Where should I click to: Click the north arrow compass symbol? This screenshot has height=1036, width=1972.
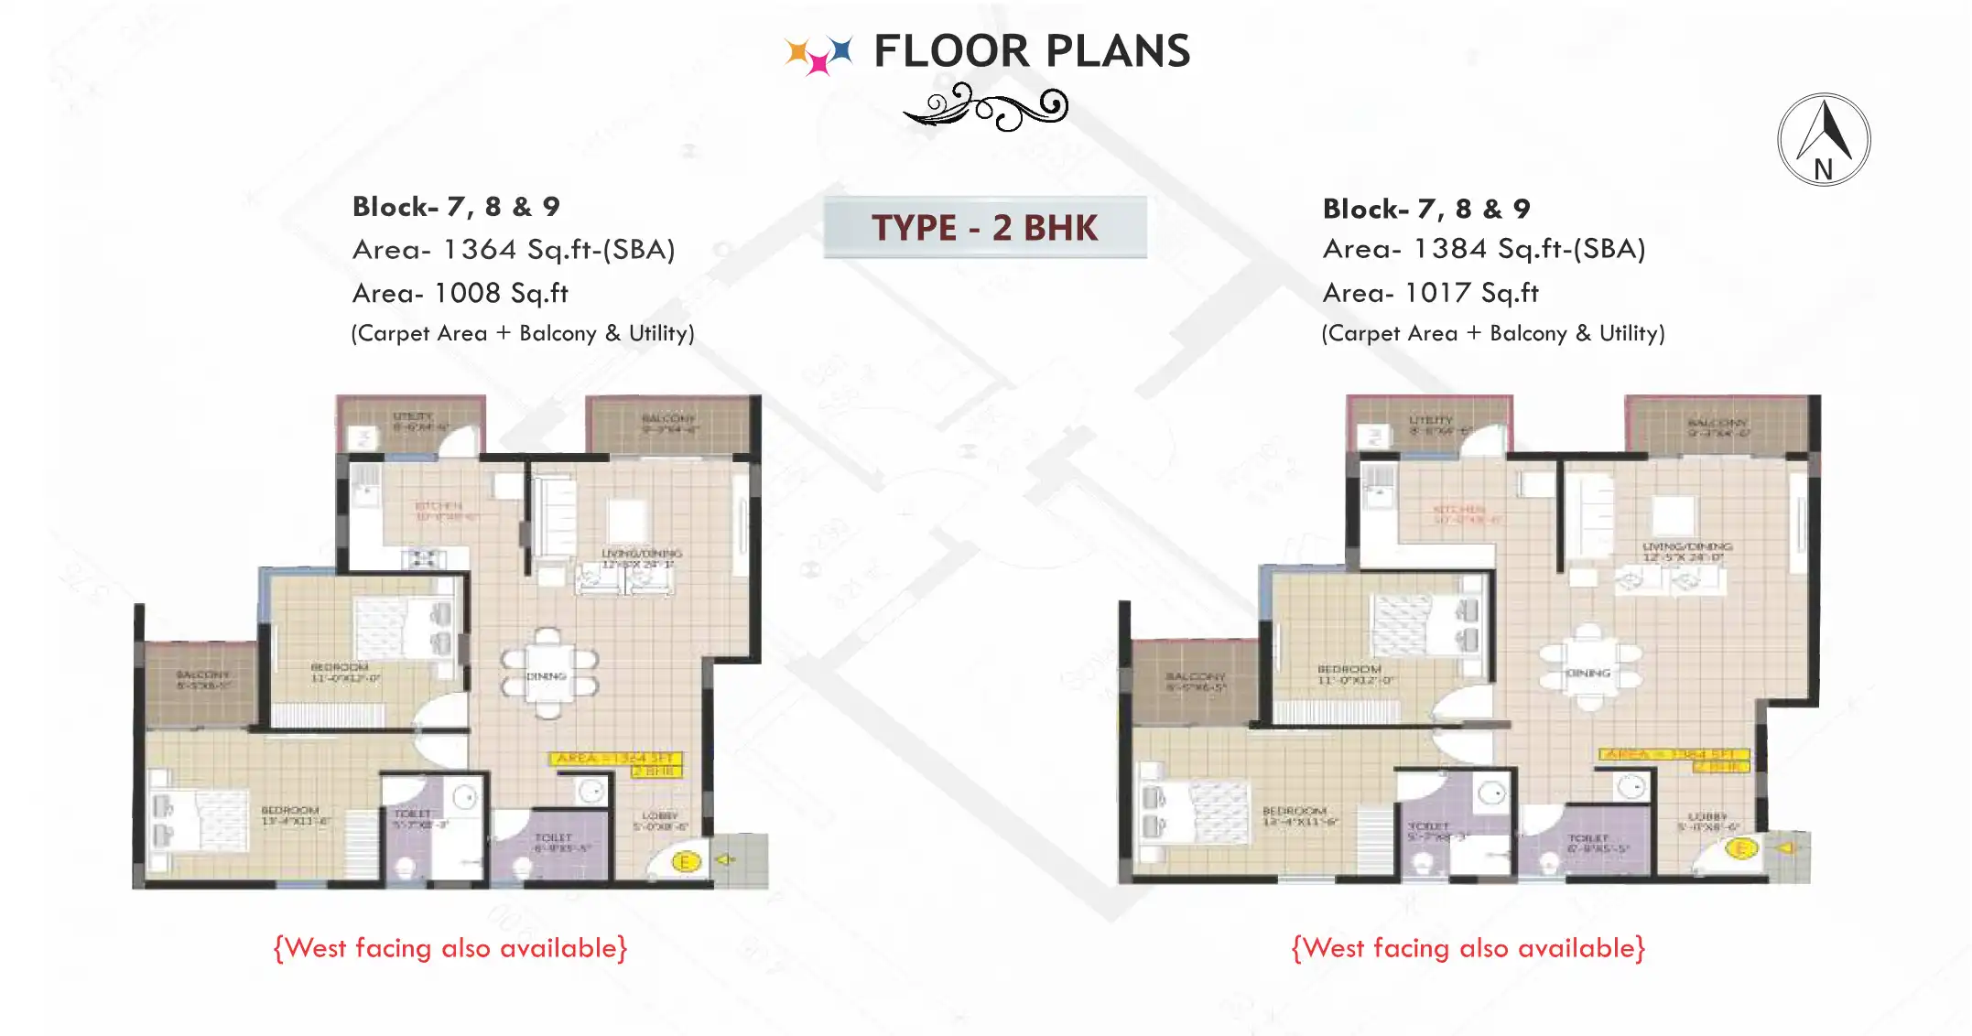pos(1823,140)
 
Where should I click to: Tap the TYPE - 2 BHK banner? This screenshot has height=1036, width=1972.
pos(984,228)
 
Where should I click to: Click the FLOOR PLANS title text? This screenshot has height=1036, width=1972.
pos(1031,51)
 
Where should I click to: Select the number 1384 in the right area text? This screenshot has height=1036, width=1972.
pos(1450,249)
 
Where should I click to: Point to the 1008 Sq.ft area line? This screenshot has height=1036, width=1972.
pos(460,294)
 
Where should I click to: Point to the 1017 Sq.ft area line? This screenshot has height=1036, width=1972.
pos(1431,294)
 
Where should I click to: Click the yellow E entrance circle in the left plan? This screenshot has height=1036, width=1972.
pos(686,861)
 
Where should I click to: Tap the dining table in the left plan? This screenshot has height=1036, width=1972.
pos(547,674)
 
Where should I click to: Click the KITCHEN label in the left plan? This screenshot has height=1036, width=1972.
pos(440,506)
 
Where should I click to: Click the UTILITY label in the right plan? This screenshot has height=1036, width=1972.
pos(1431,420)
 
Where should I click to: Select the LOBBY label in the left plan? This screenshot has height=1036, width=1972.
pos(660,815)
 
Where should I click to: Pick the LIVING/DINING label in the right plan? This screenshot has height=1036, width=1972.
pos(1687,546)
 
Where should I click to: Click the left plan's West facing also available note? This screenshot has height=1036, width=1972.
pos(450,948)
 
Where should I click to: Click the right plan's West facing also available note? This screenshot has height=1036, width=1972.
pos(1468,948)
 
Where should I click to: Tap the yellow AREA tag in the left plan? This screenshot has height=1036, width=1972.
pos(616,758)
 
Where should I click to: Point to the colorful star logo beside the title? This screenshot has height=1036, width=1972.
pos(818,53)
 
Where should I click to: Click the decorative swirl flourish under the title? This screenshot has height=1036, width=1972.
pos(987,107)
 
